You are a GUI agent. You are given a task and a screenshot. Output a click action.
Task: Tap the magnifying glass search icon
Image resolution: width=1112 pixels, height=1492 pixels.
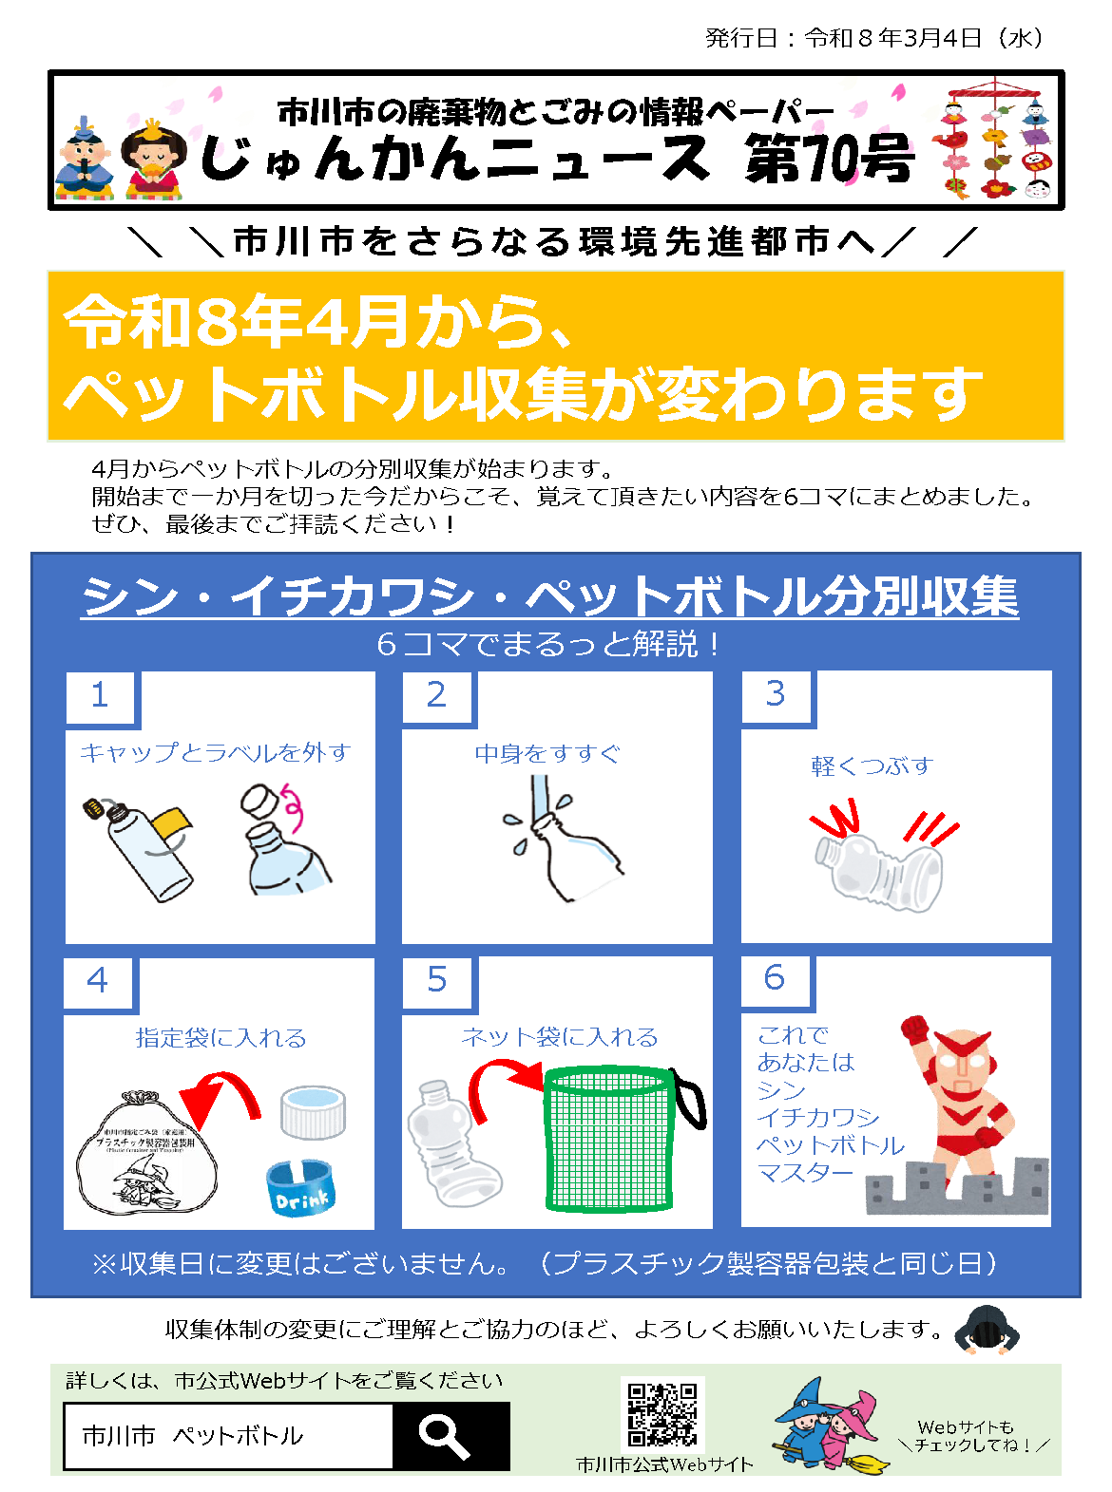pos(444,1435)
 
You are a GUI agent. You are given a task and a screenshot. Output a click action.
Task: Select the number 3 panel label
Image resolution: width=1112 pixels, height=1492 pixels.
pos(776,694)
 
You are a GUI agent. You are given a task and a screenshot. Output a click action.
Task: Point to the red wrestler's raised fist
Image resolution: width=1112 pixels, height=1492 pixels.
pos(914,1029)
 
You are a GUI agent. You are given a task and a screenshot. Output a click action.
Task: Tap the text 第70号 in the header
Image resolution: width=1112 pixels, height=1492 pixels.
pos(829,158)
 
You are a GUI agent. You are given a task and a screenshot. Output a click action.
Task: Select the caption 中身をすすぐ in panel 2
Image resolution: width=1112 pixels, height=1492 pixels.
pos(547,754)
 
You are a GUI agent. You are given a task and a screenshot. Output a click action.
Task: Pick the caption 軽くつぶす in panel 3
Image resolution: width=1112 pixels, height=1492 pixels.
pos(872,766)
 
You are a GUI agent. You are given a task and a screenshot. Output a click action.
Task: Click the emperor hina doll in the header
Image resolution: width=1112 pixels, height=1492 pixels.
pos(85,160)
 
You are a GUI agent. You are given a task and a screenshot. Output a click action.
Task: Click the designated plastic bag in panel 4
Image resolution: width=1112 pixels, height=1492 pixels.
pos(146,1155)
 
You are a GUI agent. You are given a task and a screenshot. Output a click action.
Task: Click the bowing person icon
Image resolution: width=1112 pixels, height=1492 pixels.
pos(986,1329)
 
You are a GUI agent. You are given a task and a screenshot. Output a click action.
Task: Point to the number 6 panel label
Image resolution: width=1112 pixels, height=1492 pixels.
pos(775,978)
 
